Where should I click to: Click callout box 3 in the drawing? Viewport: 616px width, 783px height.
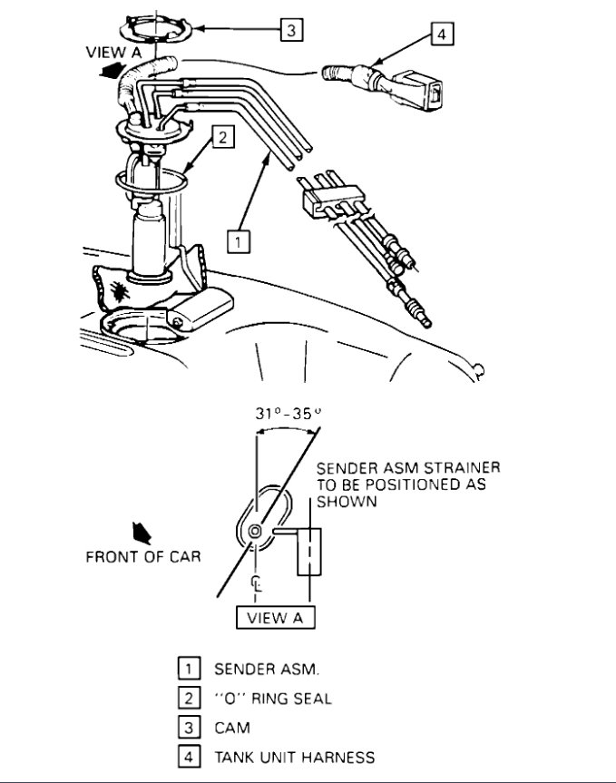coord(289,31)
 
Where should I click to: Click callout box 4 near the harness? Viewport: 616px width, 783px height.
coord(440,35)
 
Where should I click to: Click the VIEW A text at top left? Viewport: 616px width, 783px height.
coord(113,53)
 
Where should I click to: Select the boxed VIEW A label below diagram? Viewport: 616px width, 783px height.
coord(275,618)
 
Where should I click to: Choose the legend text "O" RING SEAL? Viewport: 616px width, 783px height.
coord(272,699)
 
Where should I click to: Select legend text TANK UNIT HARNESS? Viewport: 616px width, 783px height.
coord(294,757)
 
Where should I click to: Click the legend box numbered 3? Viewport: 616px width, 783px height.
coord(187,728)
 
